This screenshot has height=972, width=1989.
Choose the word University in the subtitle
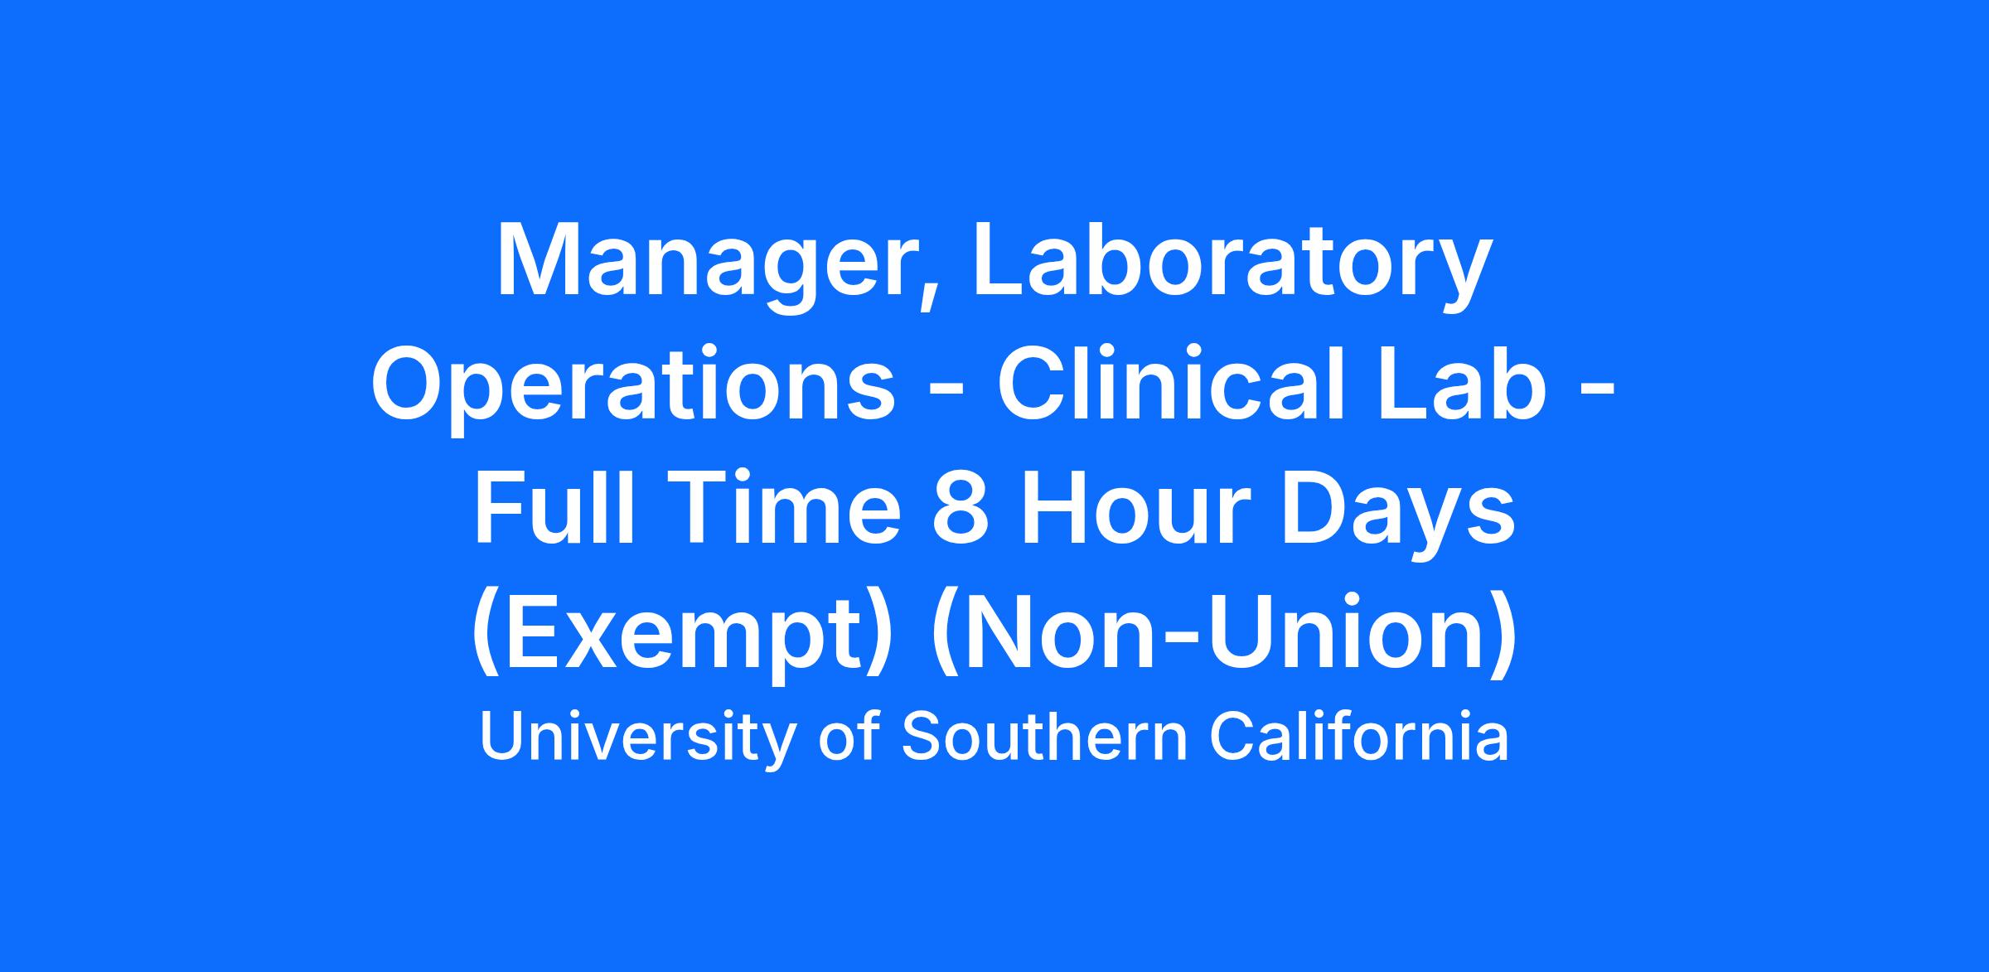[x=636, y=737]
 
